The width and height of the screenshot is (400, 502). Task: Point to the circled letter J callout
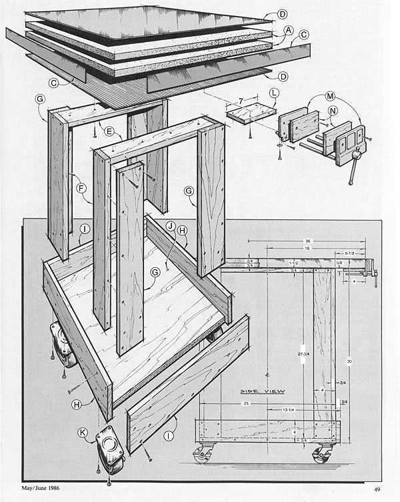click(x=170, y=227)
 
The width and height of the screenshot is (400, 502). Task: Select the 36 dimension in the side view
click(x=308, y=240)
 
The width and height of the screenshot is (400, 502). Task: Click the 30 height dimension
click(x=349, y=361)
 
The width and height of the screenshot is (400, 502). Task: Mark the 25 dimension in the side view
click(x=246, y=403)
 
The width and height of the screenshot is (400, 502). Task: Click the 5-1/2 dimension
click(x=349, y=253)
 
